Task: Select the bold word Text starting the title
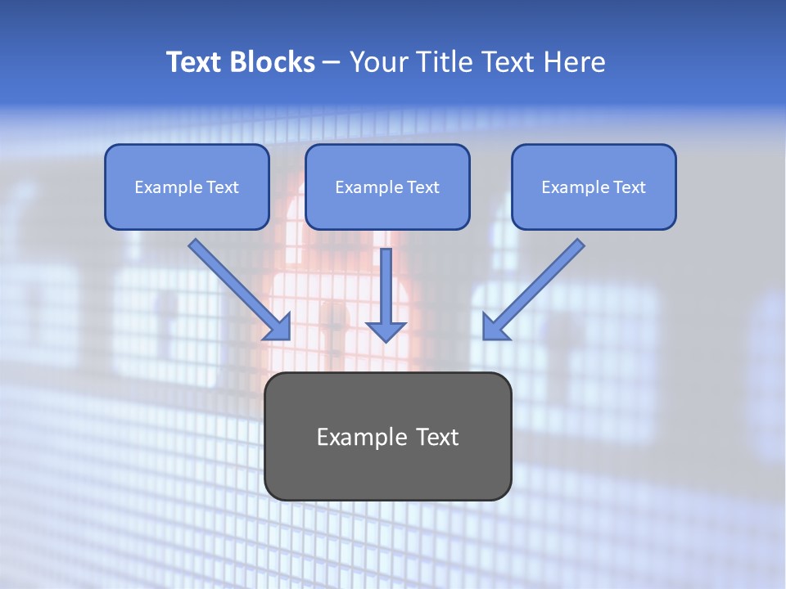(x=196, y=62)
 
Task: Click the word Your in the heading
(x=377, y=62)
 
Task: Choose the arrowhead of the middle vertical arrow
(x=386, y=330)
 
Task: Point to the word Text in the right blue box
(x=630, y=187)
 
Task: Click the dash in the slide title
(x=332, y=63)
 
